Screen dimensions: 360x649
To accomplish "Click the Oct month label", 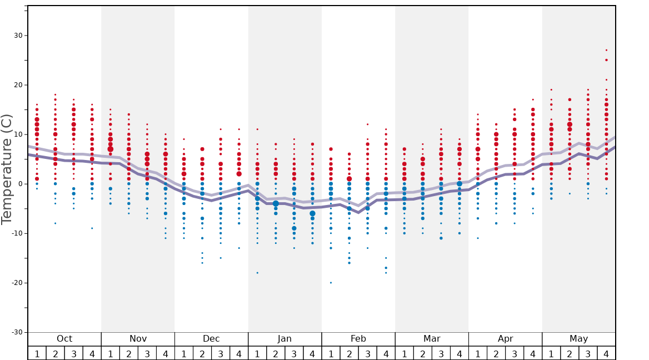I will coord(64,339).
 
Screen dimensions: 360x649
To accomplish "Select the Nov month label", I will coord(138,339).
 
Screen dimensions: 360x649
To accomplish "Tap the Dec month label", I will coord(211,339).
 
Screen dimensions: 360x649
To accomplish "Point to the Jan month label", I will coord(284,339).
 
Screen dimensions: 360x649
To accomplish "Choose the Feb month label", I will coord(358,339).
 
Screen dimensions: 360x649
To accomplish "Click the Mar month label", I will coord(432,339).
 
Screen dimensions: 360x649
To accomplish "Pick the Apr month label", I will coord(505,339).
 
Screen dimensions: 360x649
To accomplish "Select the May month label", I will coord(578,339).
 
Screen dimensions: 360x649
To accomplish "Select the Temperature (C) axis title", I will coord(7,168).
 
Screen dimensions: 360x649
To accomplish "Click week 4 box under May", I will coord(606,353).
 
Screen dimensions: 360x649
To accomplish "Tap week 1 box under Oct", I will coord(37,353).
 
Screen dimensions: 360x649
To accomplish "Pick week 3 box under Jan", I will coord(294,353).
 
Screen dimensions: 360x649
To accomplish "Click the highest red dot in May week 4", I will coord(606,50).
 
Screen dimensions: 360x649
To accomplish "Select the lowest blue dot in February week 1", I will coord(331,283).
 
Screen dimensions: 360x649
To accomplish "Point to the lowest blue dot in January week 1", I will coord(257,273).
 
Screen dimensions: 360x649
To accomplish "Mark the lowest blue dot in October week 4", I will coord(92,228).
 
